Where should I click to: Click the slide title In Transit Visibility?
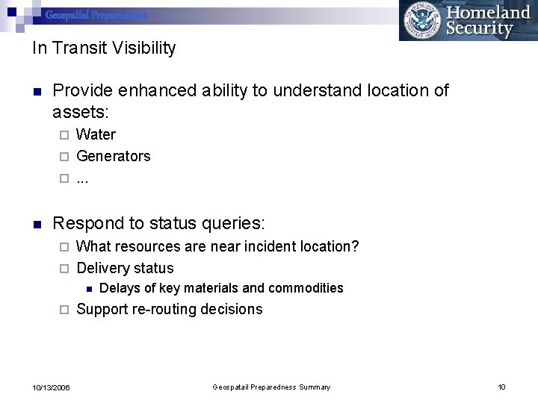pyautogui.click(x=104, y=49)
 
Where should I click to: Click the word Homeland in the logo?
pyautogui.click(x=488, y=13)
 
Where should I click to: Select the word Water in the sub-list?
pyautogui.click(x=96, y=134)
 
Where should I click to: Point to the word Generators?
pyautogui.click(x=114, y=156)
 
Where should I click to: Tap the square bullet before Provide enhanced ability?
pyautogui.click(x=37, y=92)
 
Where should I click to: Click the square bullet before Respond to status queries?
pyautogui.click(x=37, y=223)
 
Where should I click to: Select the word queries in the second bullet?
pyautogui.click(x=232, y=223)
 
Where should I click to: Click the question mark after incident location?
pyautogui.click(x=355, y=246)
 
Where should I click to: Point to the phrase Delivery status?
pyautogui.click(x=125, y=268)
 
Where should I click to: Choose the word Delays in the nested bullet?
pyautogui.click(x=118, y=288)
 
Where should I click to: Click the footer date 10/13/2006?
pyautogui.click(x=52, y=387)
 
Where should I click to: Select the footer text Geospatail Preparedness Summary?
pyautogui.click(x=271, y=387)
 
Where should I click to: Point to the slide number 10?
pyautogui.click(x=501, y=387)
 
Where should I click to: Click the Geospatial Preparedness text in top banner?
pyautogui.click(x=96, y=15)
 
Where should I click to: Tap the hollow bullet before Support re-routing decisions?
pyautogui.click(x=64, y=309)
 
